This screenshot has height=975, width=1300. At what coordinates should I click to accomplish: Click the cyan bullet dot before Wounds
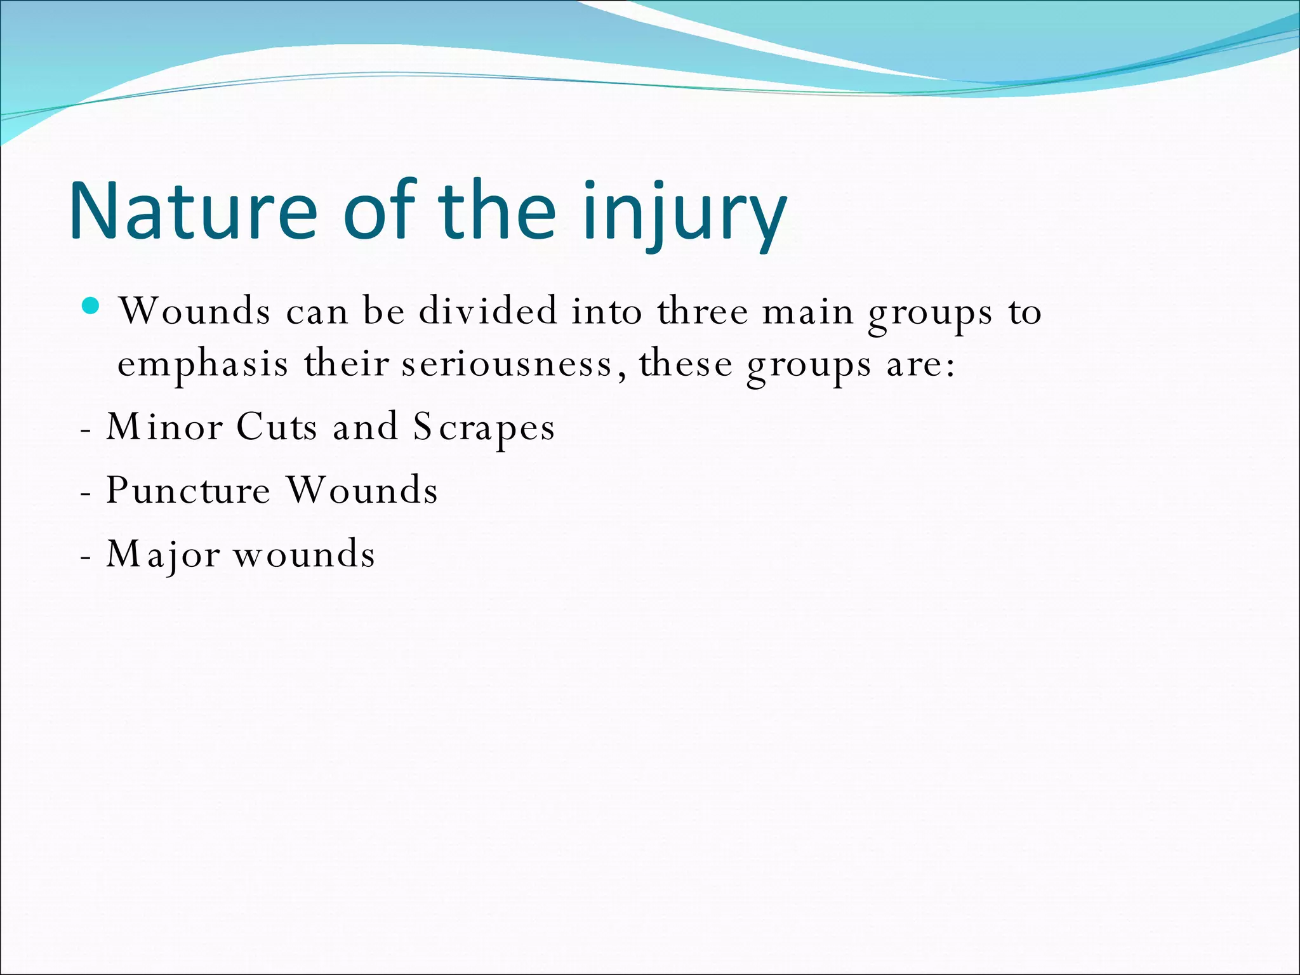click(91, 307)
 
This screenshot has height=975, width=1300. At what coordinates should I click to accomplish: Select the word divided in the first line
click(487, 311)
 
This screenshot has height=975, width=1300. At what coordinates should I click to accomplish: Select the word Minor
click(164, 427)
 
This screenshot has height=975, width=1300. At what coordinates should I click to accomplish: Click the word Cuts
click(276, 427)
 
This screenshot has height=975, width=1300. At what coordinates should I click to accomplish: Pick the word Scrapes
click(484, 428)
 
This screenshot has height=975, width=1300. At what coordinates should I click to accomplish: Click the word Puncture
click(188, 490)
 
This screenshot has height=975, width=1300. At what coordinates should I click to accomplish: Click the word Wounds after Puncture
click(362, 490)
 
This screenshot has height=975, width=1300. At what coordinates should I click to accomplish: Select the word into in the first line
click(607, 311)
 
